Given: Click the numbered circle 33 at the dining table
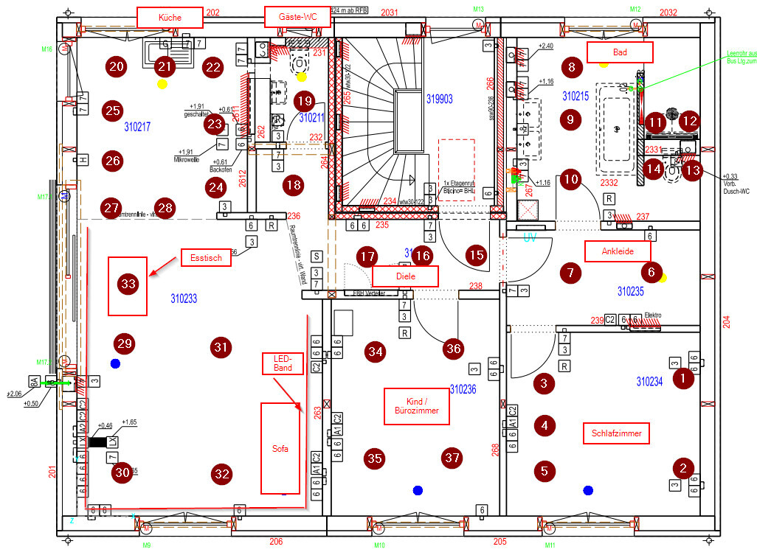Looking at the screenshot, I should click(128, 284).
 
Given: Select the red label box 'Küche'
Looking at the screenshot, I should click(170, 17).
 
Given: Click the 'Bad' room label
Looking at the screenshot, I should click(620, 52).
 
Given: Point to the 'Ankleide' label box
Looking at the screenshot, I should click(618, 251).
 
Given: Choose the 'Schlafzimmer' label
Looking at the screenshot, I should click(616, 433).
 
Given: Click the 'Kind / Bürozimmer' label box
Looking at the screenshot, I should click(417, 406).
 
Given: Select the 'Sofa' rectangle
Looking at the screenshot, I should click(280, 448).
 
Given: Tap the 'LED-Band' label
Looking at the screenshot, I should click(283, 362).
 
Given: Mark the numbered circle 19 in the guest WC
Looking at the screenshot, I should click(303, 101).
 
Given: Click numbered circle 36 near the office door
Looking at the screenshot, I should click(453, 349).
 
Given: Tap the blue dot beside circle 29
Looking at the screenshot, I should click(114, 363).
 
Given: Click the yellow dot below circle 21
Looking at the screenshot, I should click(162, 85).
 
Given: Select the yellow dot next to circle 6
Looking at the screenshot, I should click(663, 278).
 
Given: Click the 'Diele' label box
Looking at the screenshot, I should click(405, 276).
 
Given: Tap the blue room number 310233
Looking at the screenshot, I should click(189, 300).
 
